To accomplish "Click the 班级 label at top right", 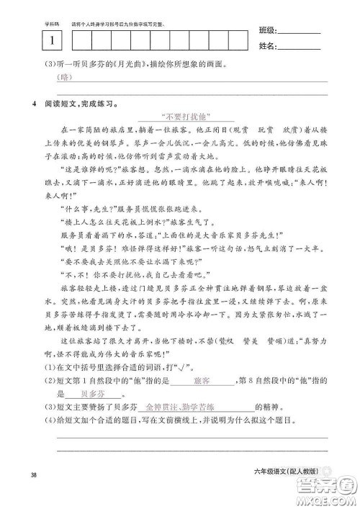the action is coord(266,32).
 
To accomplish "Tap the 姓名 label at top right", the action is coord(266,48).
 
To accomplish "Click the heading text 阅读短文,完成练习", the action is coord(81,103).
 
